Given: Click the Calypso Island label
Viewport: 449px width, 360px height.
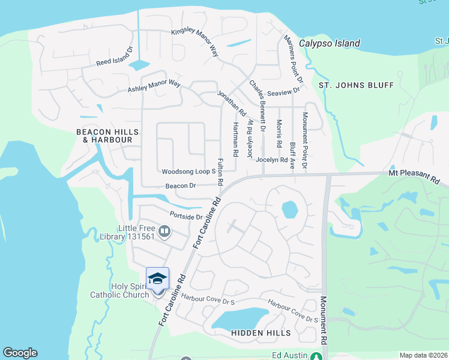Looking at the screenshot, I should (330, 43).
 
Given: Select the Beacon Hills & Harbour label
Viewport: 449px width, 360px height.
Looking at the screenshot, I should (107, 136).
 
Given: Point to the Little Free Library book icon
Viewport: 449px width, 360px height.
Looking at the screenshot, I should (164, 230).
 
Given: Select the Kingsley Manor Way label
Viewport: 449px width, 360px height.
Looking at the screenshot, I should (194, 41).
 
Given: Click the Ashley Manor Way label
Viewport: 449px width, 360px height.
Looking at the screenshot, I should (154, 86).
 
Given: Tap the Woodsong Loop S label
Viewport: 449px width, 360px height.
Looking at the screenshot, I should (188, 172).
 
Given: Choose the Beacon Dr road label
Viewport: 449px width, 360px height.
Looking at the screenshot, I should (181, 186).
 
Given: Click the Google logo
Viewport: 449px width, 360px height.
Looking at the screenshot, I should (20, 353).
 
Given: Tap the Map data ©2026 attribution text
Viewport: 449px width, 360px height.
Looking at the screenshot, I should (423, 355).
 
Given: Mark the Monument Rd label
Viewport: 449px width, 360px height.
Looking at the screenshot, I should (324, 320).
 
